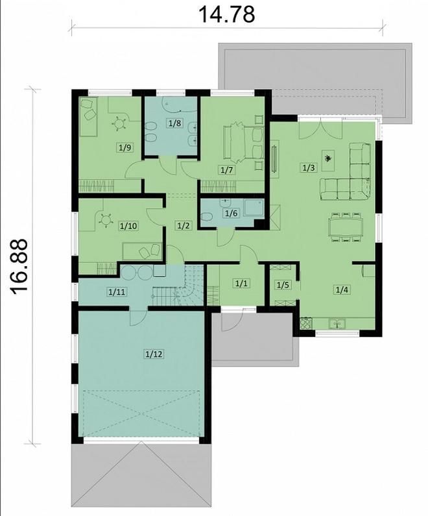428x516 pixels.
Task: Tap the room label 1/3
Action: [x=309, y=167]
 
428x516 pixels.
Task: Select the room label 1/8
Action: [x=174, y=123]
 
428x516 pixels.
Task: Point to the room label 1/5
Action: [x=283, y=285]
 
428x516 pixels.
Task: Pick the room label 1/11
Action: [x=117, y=292]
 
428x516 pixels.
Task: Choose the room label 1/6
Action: [x=230, y=212]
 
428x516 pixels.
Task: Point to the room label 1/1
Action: [x=241, y=284]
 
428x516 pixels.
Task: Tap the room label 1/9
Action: [x=125, y=147]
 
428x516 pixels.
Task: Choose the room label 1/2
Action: [x=184, y=226]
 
